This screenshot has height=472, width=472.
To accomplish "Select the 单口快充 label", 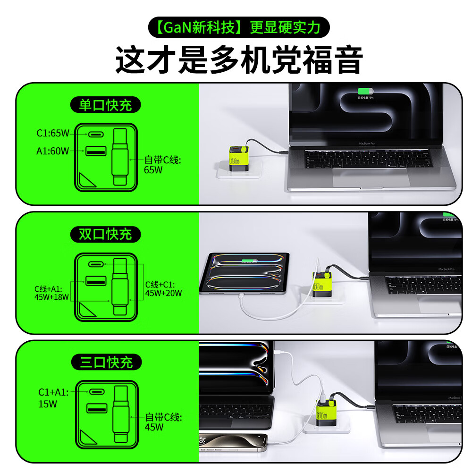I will click(105, 105).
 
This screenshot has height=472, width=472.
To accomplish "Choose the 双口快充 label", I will click(105, 234).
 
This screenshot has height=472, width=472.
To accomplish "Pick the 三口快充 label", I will click(105, 362).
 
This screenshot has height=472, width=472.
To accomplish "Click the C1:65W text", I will click(53, 134).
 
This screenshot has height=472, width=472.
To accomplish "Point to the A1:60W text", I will click(53, 151).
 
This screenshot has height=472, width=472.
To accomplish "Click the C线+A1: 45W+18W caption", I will click(51, 293).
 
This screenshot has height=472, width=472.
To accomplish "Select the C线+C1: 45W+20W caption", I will click(163, 288).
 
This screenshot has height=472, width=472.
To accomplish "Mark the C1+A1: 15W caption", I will click(53, 398).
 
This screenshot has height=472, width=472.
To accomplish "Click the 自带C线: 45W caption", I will click(163, 422).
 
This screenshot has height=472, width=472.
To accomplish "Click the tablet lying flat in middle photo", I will click(244, 273).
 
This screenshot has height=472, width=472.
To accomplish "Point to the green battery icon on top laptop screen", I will click(364, 92).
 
